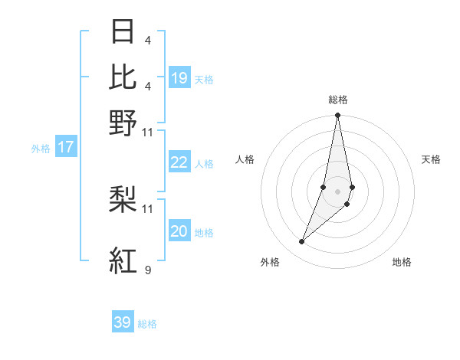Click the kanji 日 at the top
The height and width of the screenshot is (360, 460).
(123, 32)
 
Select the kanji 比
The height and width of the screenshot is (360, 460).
(123, 77)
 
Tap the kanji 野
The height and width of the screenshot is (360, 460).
(123, 123)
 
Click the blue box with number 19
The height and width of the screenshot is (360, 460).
(179, 77)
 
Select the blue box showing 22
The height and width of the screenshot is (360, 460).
(179, 162)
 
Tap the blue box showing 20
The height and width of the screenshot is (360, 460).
(179, 231)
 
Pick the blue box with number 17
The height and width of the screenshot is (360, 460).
(66, 147)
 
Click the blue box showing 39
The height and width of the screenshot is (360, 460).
(123, 322)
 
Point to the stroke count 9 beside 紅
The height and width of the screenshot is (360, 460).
(147, 270)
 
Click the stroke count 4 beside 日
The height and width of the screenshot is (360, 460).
(147, 40)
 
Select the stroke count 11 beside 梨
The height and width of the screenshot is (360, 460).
(148, 208)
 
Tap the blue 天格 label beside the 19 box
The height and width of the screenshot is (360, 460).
(204, 79)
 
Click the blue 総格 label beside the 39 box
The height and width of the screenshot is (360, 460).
(147, 324)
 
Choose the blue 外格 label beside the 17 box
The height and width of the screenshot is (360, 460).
(41, 149)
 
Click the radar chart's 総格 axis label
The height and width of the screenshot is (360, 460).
(337, 100)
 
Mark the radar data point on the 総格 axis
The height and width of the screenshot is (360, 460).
(337, 116)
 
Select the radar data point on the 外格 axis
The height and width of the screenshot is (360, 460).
(302, 241)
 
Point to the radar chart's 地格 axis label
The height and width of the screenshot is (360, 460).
(402, 263)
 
